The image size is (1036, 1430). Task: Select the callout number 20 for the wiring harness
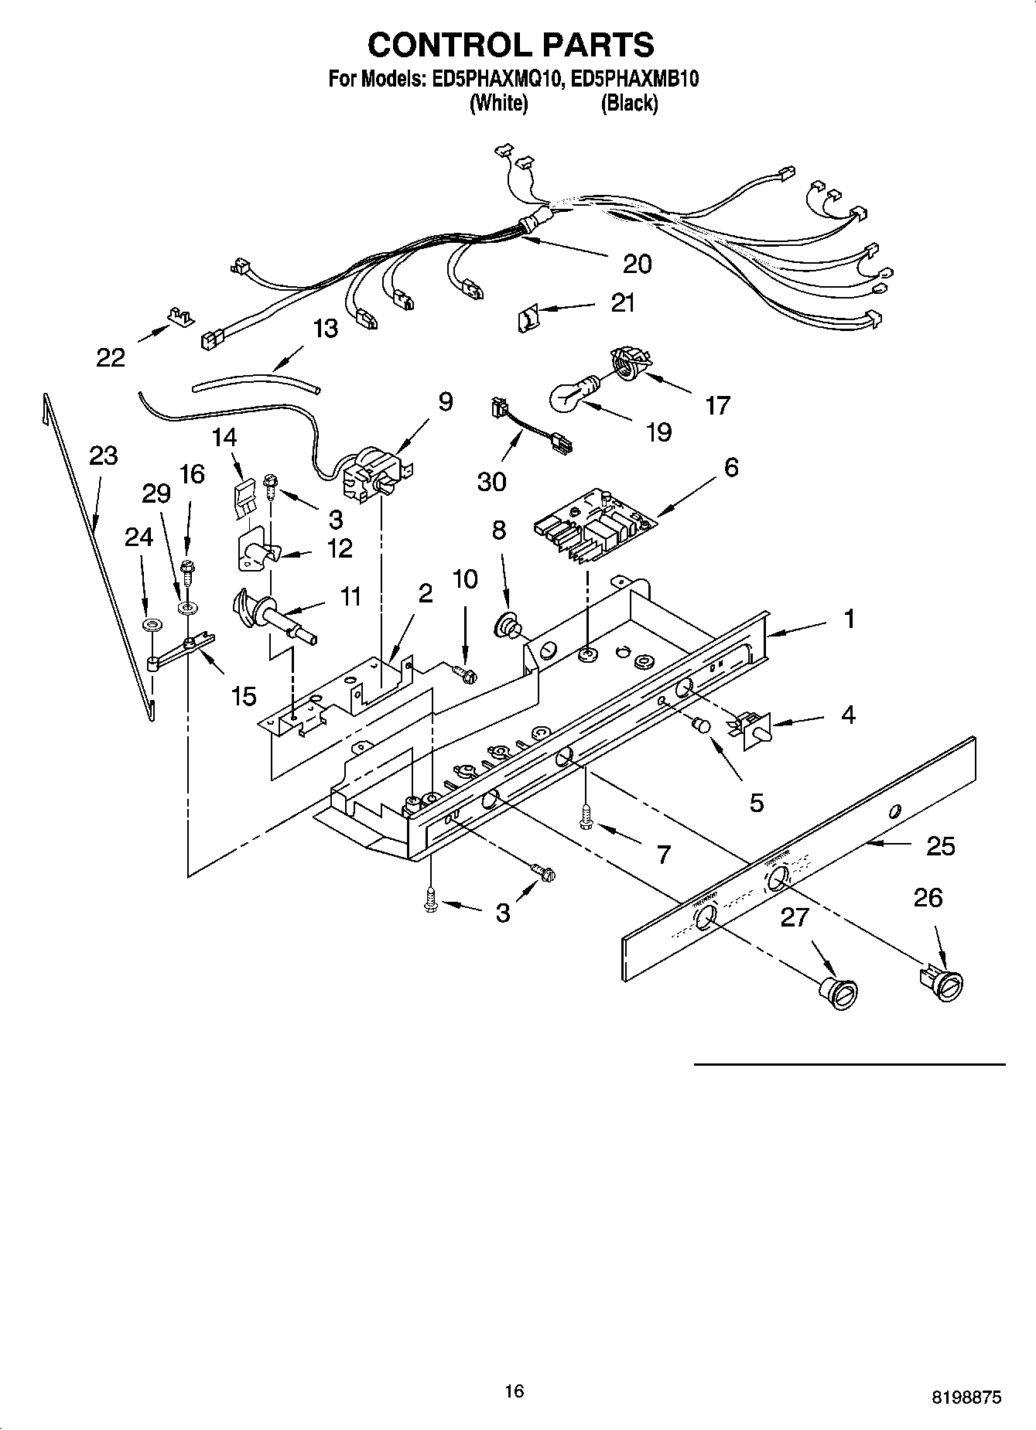[x=637, y=264]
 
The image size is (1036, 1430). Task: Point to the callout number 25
[x=940, y=846]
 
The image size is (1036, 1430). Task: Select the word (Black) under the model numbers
[x=629, y=103]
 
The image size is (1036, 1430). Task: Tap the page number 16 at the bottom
[x=514, y=1391]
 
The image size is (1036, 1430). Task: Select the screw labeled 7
[x=586, y=816]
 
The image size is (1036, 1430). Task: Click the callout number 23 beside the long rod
[x=103, y=456]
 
